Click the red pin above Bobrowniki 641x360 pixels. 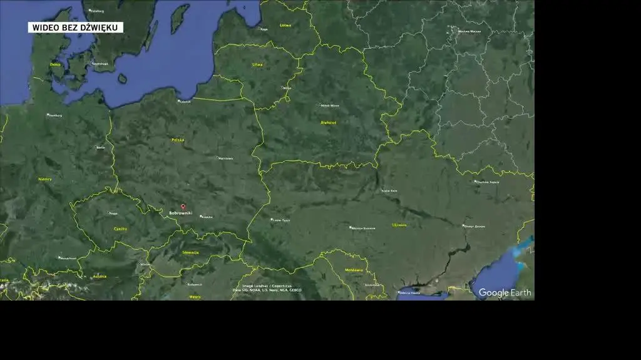click(x=183, y=207)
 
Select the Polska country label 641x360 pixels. click(x=178, y=140)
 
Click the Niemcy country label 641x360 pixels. click(x=45, y=178)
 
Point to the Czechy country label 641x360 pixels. click(x=120, y=229)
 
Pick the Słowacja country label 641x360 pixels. click(x=190, y=252)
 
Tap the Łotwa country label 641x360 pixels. click(x=285, y=25)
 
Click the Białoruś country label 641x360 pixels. click(x=328, y=123)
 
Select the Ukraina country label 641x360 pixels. click(x=399, y=224)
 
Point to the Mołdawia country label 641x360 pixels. click(x=354, y=270)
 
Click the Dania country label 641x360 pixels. click(x=56, y=64)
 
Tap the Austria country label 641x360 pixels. click(x=100, y=276)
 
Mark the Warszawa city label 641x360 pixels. click(x=225, y=158)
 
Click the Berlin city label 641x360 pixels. click(x=100, y=148)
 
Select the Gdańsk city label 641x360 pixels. click(x=185, y=101)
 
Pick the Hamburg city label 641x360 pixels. click(x=55, y=115)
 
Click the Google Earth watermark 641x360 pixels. click(x=505, y=292)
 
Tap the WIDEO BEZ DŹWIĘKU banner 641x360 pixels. click(x=75, y=28)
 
